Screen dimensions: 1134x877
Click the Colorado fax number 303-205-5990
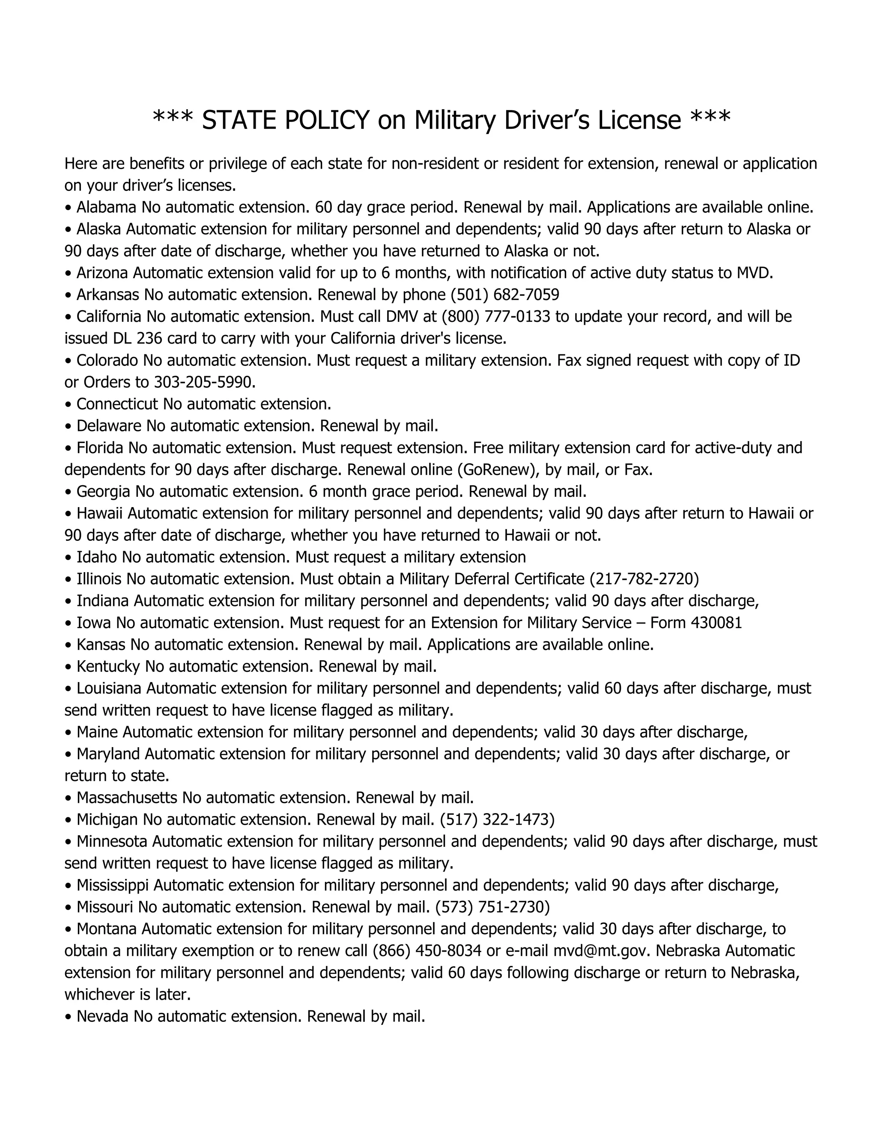[204, 382]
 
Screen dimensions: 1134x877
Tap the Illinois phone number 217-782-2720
[644, 579]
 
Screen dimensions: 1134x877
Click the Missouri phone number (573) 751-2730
[492, 907]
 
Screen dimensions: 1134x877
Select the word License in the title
[638, 121]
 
